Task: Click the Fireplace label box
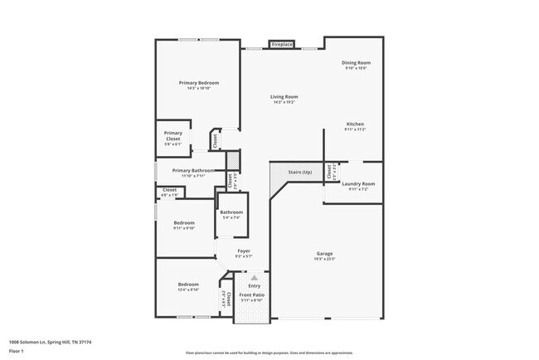[x=282, y=44]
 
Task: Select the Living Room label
[x=283, y=97]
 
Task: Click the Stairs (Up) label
[x=299, y=172]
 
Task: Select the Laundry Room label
[x=358, y=183]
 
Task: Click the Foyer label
[x=244, y=251]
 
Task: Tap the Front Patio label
[x=251, y=295]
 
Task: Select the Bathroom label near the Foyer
[x=231, y=212]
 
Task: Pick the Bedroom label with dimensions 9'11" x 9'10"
[x=183, y=222]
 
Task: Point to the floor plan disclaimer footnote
[x=269, y=353]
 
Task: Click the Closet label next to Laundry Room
[x=329, y=172]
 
